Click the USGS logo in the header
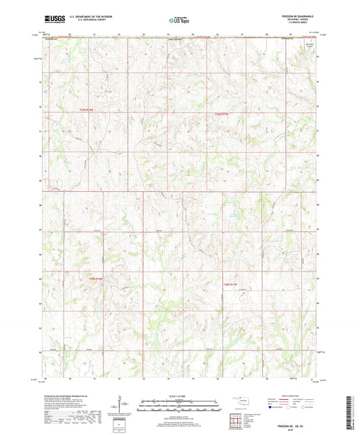pos(51,19)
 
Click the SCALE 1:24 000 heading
pos(179,395)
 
